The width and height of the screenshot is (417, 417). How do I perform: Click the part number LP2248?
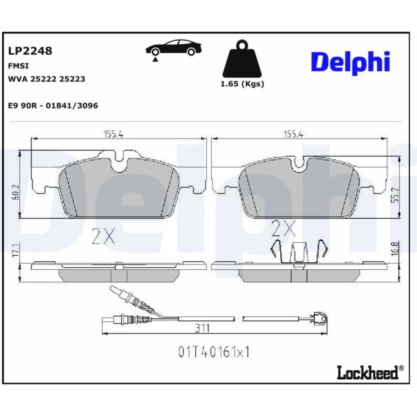[x=30, y=51]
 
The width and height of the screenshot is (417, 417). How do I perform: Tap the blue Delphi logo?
[x=351, y=63]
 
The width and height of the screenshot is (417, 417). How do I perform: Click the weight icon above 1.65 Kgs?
[x=242, y=59]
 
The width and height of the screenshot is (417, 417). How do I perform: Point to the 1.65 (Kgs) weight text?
[x=242, y=84]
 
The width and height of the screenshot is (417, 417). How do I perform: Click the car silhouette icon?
[x=173, y=49]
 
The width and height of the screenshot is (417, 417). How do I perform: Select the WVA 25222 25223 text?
[x=47, y=79]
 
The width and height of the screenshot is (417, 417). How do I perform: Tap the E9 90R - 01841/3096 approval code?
[x=53, y=106]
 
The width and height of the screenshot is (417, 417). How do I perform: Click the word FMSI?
[x=18, y=66]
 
